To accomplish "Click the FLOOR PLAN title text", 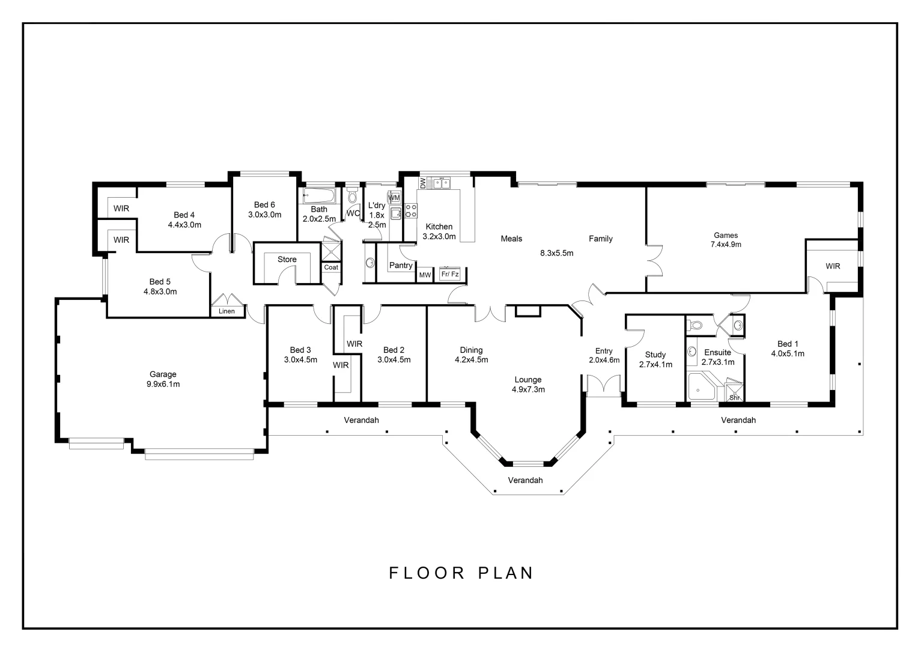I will tap(461, 573).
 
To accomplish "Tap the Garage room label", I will tap(163, 374).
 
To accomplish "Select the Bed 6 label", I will tap(264, 205).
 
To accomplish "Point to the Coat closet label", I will tap(331, 267).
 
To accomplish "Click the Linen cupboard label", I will tap(226, 311).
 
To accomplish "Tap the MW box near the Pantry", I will tap(425, 275).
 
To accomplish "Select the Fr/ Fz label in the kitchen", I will tap(450, 275).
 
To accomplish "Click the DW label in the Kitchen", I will tap(423, 183).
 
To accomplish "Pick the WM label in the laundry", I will tap(394, 198).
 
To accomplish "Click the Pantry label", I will tap(401, 266).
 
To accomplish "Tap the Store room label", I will tap(287, 260).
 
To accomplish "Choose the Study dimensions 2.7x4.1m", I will tap(655, 364).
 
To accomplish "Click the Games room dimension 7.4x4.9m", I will tap(726, 245).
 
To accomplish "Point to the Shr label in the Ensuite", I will tap(734, 398).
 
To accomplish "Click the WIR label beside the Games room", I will tap(833, 266).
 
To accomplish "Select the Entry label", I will tap(604, 352).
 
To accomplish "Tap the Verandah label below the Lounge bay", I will tap(525, 480).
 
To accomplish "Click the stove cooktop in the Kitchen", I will tap(412, 210).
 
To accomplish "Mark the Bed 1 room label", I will tap(785, 344).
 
